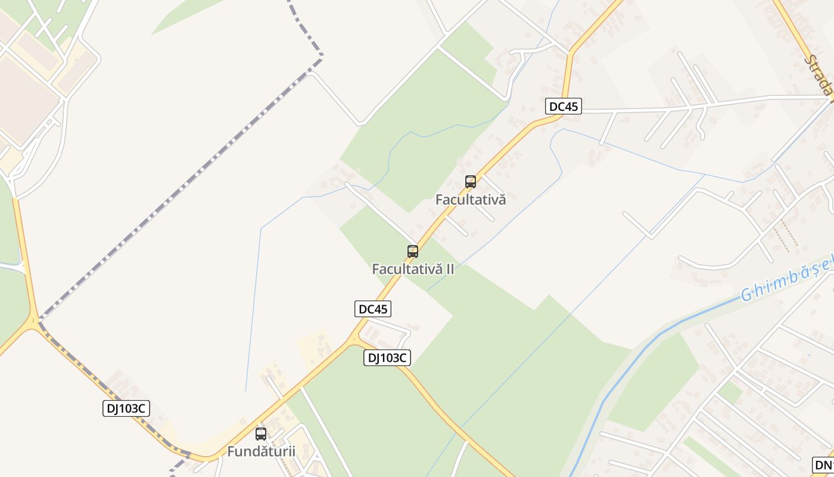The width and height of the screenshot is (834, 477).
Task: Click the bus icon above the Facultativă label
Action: coord(471,182)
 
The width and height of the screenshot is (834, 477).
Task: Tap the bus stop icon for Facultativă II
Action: coord(413,251)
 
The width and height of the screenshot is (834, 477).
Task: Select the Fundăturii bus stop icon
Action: coord(261,433)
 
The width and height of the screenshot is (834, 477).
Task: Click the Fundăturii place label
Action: coord(262,451)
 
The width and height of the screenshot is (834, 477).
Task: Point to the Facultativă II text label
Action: coord(413,269)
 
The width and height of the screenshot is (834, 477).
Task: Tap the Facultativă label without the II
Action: coord(471,200)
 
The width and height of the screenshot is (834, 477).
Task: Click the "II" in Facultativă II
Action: coord(450,269)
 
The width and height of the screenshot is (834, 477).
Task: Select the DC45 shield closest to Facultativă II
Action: coord(373,309)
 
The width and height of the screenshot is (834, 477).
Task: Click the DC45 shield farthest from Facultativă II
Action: coord(564,107)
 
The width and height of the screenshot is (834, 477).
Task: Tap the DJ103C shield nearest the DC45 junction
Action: coord(387,358)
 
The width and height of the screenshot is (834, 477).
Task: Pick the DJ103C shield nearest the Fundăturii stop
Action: coord(126,408)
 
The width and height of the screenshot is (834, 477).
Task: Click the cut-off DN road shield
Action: coord(823,465)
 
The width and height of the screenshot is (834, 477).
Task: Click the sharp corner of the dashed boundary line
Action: coord(322,57)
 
